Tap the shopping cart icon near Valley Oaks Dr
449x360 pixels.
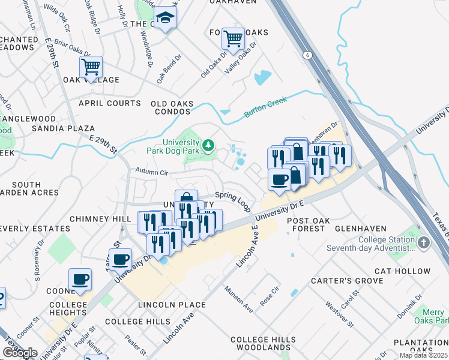tap(233, 40)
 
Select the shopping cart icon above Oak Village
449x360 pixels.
tap(91, 67)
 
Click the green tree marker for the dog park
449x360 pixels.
tap(208, 145)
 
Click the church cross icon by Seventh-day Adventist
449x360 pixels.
tap(424, 243)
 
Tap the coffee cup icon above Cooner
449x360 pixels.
tap(80, 280)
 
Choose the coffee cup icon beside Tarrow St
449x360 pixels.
tap(121, 260)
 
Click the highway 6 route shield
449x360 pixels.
tap(308, 55)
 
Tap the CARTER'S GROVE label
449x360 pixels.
tap(338, 281)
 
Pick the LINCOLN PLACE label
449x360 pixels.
tap(172, 305)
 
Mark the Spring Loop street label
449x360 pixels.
tap(233, 201)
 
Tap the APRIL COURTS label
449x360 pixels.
tap(109, 103)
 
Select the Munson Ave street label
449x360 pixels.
tap(239, 299)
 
